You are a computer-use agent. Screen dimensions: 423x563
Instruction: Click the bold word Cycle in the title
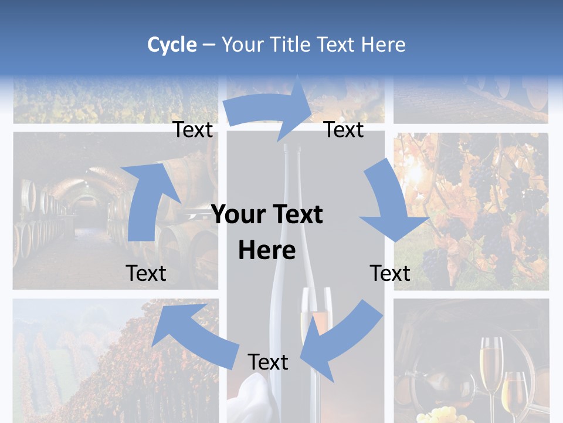point(172,45)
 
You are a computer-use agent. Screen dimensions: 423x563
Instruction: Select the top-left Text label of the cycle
point(192,129)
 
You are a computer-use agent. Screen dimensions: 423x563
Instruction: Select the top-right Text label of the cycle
point(344,129)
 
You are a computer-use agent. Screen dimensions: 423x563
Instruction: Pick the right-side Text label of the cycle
point(390,273)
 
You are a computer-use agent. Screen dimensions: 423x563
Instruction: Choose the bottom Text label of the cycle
point(268,362)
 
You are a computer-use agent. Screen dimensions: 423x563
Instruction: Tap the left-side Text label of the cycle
point(146,273)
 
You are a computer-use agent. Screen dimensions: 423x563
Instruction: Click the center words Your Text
point(267,214)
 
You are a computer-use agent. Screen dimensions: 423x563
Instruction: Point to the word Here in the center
point(267,251)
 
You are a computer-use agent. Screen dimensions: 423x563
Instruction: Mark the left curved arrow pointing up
point(147,200)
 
